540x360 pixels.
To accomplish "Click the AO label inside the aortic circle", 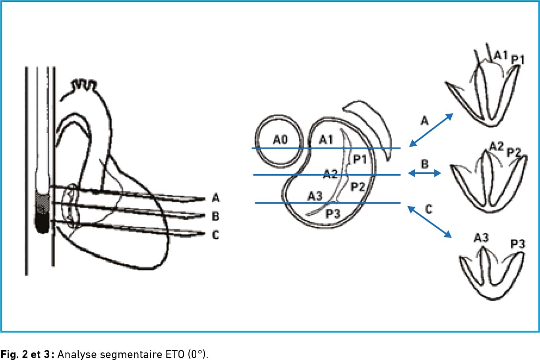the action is [280, 139].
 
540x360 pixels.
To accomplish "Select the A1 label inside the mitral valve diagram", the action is [326, 139].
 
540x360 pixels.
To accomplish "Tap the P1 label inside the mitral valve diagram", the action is [360, 159].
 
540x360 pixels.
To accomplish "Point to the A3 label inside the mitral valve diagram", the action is [315, 196].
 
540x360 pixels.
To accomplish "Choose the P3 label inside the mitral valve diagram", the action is [333, 214].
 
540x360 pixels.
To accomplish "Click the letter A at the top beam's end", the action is [216, 198].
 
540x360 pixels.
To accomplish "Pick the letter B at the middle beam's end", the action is [216, 216].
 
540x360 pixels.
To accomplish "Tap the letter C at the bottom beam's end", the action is [216, 234].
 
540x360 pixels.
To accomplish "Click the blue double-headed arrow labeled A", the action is [431, 130].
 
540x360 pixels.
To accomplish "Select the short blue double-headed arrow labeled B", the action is [424, 173].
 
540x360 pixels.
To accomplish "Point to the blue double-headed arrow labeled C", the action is [430, 222].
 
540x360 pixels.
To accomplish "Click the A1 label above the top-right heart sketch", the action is [501, 55].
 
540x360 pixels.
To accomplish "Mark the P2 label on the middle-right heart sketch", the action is [514, 153].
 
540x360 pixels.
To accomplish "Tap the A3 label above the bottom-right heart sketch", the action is [481, 238].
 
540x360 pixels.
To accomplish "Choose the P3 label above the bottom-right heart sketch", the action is [518, 244].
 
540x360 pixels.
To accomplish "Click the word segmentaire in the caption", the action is [131, 354].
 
